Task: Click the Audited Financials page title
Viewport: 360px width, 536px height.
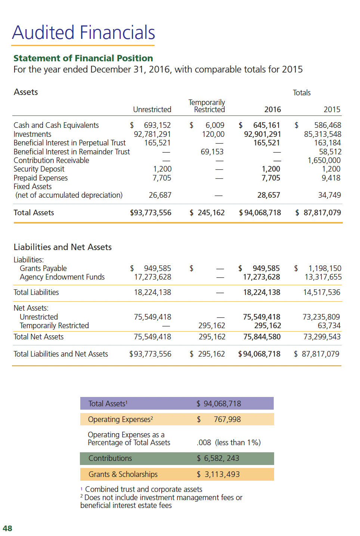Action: tap(84, 33)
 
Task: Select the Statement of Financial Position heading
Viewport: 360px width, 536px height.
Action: tap(83, 58)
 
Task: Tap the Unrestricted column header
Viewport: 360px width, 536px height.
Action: tap(152, 110)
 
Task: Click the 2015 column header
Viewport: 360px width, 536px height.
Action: tap(332, 110)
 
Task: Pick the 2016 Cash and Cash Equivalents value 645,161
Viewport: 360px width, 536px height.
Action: tap(266, 125)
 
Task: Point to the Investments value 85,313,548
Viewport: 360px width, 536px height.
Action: tap(322, 134)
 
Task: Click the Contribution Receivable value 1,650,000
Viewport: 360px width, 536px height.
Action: tap(324, 160)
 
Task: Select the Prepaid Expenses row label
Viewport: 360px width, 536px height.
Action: tap(41, 178)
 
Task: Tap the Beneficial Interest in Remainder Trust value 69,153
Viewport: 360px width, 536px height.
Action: tap(212, 152)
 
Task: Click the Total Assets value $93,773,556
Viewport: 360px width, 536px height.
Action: tap(150, 213)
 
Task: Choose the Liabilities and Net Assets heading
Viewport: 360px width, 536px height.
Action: tap(63, 247)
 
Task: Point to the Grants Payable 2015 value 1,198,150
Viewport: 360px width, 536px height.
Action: tap(325, 268)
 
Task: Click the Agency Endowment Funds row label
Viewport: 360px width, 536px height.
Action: tap(62, 277)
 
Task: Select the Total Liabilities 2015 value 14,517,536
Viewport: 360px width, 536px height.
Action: tap(322, 292)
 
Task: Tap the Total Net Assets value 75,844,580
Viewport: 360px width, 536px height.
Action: tap(262, 337)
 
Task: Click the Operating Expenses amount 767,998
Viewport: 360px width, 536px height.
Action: tap(227, 419)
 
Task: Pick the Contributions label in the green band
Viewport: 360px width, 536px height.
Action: tap(110, 458)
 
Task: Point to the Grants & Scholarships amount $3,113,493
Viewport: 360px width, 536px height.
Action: tap(218, 474)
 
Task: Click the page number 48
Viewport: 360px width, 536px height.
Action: tap(7, 528)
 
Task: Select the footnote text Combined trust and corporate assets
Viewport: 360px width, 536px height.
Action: tap(143, 489)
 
